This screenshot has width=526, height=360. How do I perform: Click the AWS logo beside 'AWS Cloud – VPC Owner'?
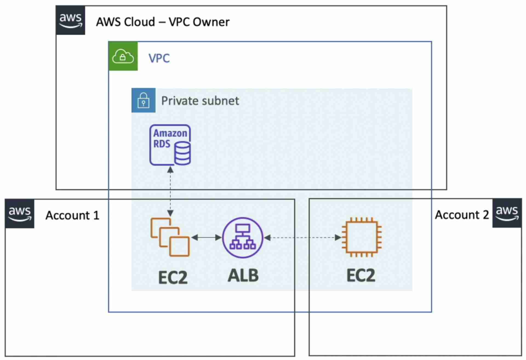(x=70, y=20)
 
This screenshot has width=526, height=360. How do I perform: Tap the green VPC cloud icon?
(x=123, y=56)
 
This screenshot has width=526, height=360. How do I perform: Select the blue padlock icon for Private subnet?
(x=143, y=100)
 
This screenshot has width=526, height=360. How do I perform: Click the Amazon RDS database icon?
(x=170, y=145)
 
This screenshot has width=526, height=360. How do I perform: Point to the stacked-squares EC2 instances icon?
(x=170, y=237)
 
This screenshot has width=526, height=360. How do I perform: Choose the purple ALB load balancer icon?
(x=243, y=238)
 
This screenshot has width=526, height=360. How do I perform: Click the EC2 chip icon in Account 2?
(x=362, y=237)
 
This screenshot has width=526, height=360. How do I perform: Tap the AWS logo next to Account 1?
(x=20, y=214)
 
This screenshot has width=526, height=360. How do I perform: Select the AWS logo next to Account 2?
(x=507, y=213)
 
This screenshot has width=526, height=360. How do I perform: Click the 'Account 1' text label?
(x=72, y=215)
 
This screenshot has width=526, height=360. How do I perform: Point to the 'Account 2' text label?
(x=462, y=215)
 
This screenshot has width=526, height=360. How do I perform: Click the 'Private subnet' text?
(x=200, y=101)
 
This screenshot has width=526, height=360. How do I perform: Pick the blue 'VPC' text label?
(x=159, y=58)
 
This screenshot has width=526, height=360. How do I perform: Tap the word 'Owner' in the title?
(x=211, y=22)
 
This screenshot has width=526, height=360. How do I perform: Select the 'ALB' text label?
(x=243, y=276)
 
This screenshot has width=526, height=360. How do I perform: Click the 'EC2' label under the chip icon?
(x=361, y=276)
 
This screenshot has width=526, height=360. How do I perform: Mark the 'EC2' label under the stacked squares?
(x=173, y=277)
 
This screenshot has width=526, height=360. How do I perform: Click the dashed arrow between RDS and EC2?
(x=170, y=192)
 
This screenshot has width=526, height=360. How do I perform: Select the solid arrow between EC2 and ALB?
(x=207, y=238)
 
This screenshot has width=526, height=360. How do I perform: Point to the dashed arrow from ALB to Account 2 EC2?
(x=303, y=238)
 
